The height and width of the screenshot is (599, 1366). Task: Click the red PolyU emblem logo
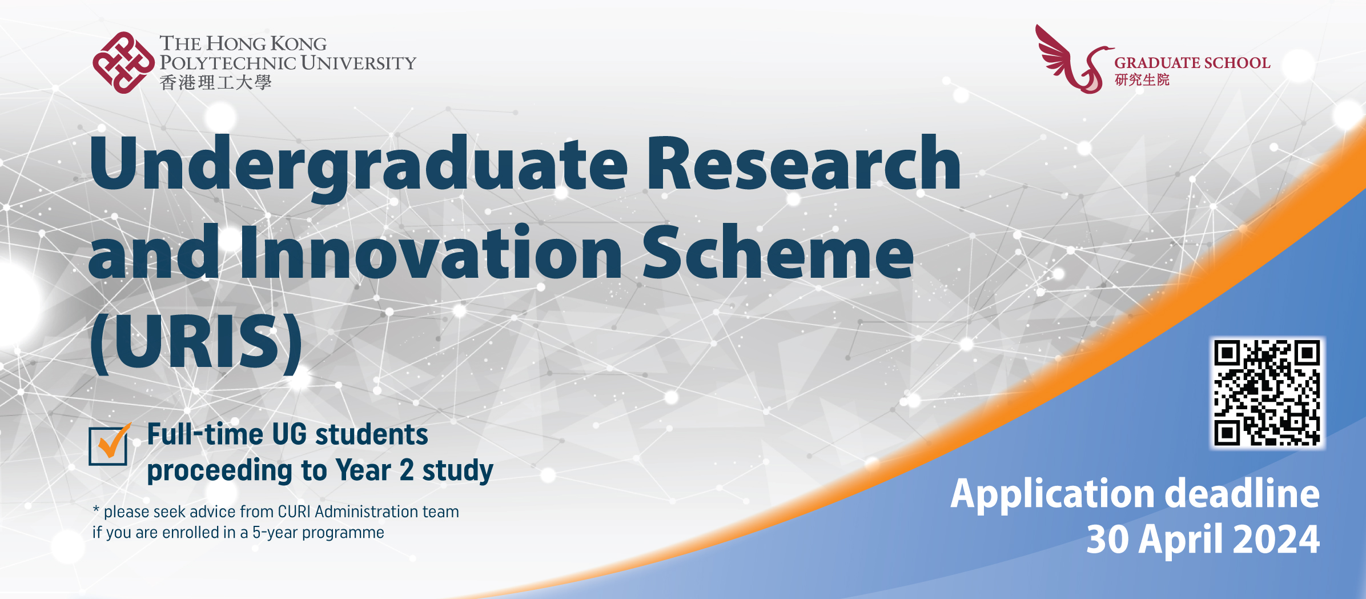(x=123, y=62)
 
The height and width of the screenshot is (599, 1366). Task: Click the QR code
(x=1267, y=393)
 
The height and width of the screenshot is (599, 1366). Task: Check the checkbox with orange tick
(x=109, y=446)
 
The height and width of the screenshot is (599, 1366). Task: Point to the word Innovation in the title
(x=431, y=253)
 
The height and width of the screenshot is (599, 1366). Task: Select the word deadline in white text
(x=1242, y=493)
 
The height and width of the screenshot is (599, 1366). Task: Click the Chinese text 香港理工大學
(x=215, y=83)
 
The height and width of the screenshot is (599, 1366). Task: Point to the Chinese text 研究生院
(x=1142, y=80)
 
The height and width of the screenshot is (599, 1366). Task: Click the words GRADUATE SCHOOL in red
(x=1192, y=63)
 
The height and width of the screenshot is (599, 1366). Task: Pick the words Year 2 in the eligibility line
(x=375, y=470)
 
